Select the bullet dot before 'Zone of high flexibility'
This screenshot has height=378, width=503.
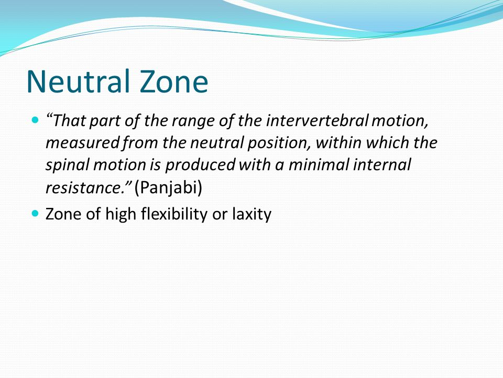36,214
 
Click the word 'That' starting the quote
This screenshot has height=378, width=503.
65,121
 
